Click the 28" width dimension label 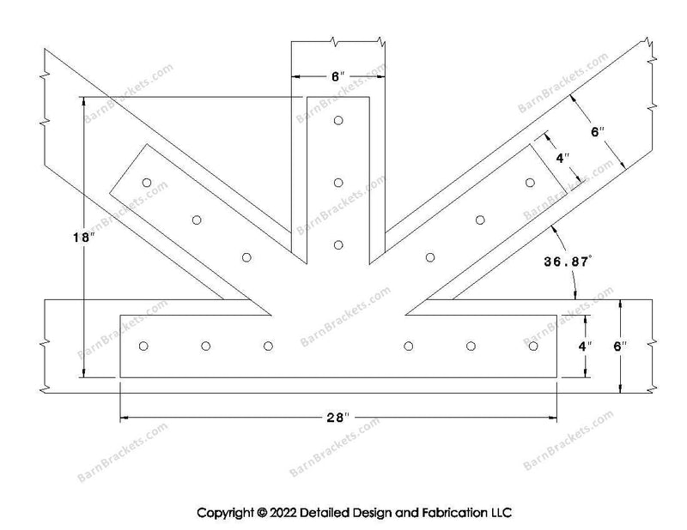tap(337, 418)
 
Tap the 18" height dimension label tap(84, 238)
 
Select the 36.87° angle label tap(568, 262)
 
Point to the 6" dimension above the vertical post tap(337, 77)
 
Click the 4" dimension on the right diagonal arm tap(563, 158)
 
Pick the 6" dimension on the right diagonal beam tap(598, 132)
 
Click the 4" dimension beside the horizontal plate tap(585, 346)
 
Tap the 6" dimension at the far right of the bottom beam tap(620, 346)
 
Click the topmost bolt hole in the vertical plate tap(338, 120)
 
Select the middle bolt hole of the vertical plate tap(338, 183)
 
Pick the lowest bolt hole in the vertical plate tap(338, 245)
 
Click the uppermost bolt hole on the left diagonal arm tap(147, 183)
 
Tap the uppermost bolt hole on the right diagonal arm tap(530, 183)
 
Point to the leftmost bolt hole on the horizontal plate tap(143, 346)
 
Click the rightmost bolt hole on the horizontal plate tap(533, 346)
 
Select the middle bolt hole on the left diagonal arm tap(197, 220)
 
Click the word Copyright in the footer tap(225, 513)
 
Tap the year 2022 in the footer tap(283, 513)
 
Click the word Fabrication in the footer tap(452, 513)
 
